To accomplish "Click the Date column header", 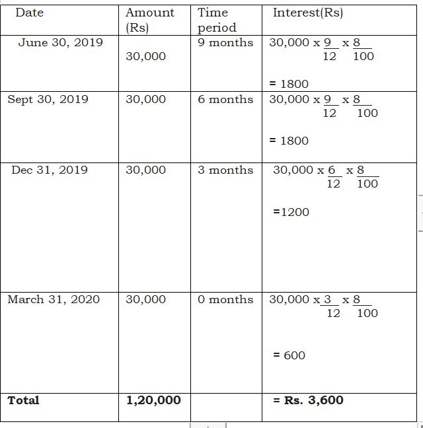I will coord(29,13).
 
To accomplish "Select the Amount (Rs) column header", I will coord(150,20).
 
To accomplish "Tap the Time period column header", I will coord(217,20).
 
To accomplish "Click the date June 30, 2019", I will coord(60,42).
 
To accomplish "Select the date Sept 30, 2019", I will coord(48,99).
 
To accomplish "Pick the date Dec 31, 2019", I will coord(50,170).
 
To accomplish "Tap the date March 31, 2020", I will coord(54,299).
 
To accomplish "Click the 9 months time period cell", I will coord(225,42).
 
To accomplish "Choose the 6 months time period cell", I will coord(225,99).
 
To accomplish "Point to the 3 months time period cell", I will coord(225,170).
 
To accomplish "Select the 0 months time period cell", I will coord(225,299).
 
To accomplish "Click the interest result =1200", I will coord(291,212).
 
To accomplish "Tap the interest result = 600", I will coord(289,355).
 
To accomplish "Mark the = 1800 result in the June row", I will coord(289,84).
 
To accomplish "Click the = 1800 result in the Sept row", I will coord(289,141).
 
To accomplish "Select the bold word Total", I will coord(23,400).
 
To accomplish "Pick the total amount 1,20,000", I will coord(153,400).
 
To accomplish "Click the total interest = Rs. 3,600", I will coord(308,400).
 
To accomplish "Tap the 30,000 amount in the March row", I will coord(145,299).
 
